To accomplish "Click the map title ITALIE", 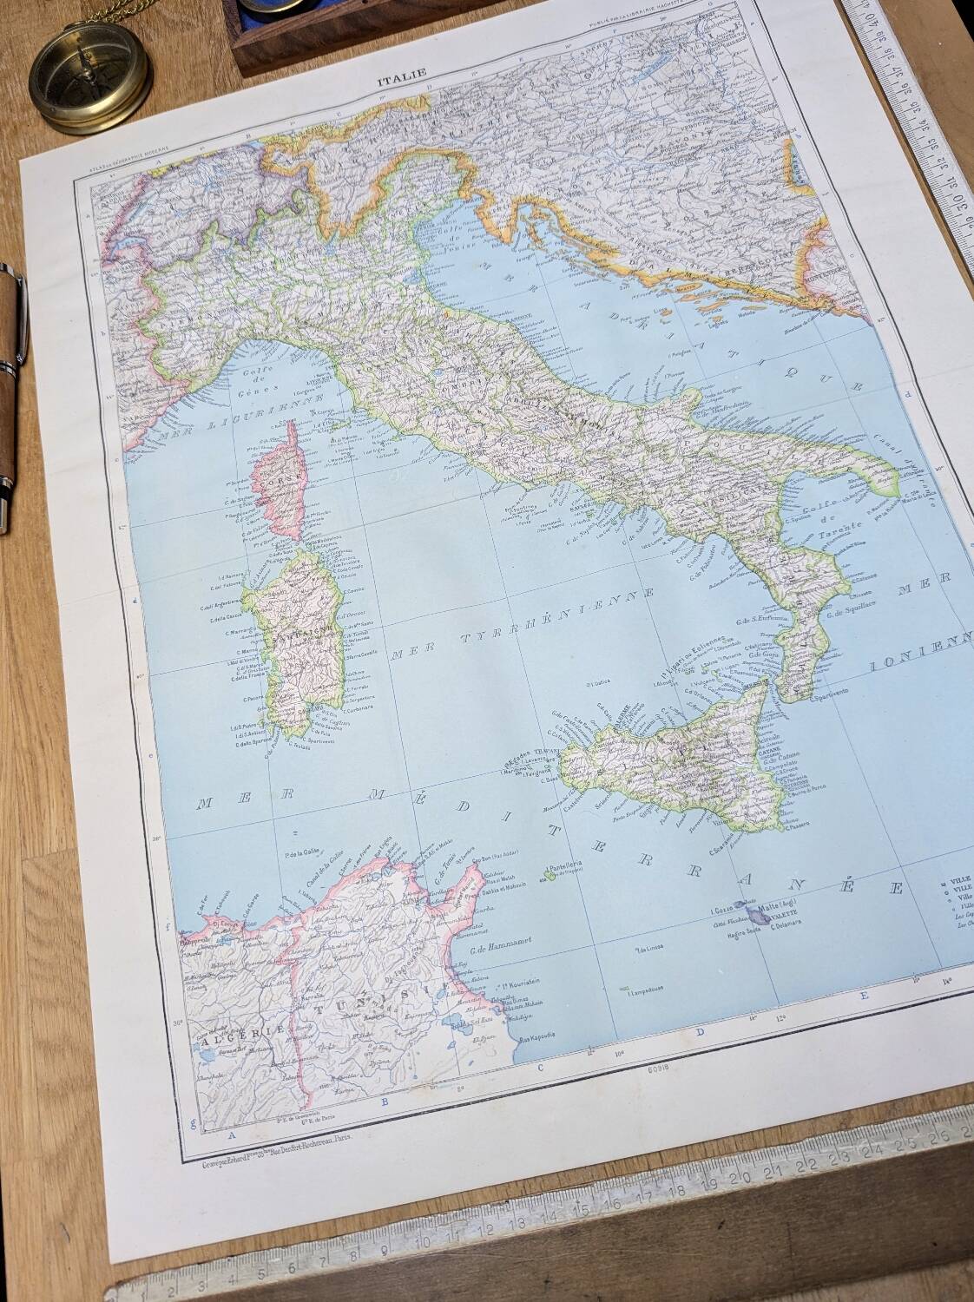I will [x=402, y=82].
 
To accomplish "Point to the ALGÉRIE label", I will [x=233, y=1031].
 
